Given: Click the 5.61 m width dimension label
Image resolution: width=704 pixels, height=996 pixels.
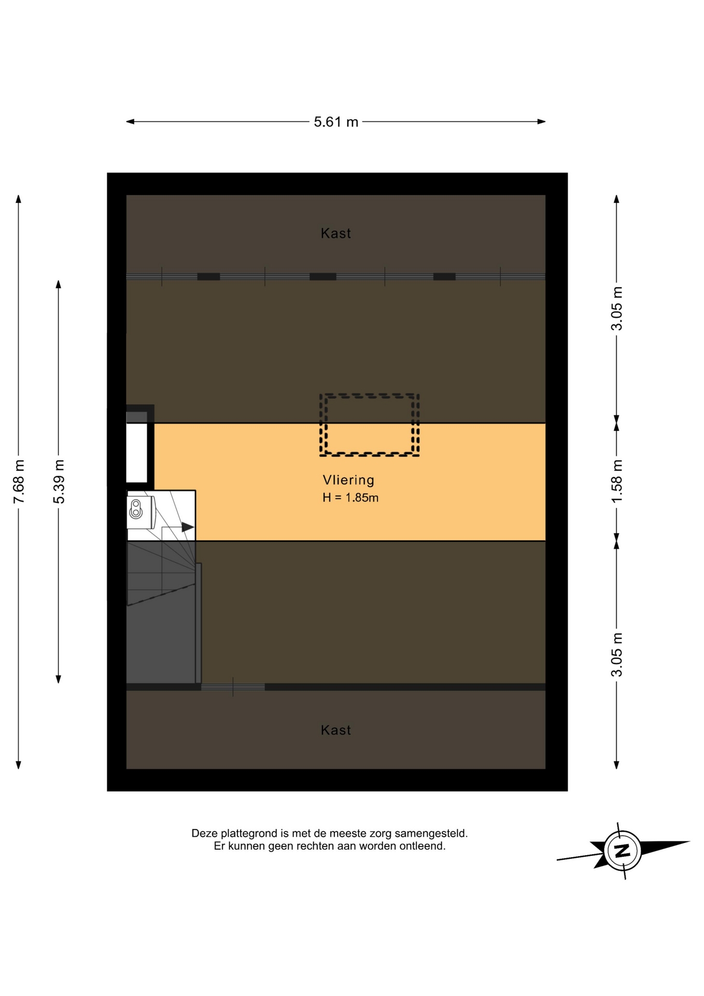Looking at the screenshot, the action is tap(336, 122).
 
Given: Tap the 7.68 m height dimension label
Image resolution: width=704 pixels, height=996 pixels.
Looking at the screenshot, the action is tap(19, 481).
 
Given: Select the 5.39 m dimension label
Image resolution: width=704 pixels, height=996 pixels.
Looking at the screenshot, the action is tap(59, 481).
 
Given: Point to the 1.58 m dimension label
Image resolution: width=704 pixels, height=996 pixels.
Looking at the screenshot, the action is tap(617, 481).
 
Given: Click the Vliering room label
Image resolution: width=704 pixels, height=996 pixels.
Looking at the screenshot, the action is tap(348, 480).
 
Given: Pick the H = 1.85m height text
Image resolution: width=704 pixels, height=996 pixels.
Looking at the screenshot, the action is tap(350, 497).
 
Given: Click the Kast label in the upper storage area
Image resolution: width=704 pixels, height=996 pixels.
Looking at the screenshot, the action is tap(336, 233).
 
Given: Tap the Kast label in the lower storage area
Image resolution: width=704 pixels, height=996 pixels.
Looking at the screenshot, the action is tap(336, 730).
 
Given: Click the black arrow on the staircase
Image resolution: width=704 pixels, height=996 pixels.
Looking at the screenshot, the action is tap(188, 527).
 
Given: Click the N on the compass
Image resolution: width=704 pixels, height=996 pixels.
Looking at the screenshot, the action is tap(622, 851).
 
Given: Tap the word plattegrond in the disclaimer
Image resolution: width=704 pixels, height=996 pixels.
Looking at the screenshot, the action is tap(250, 834).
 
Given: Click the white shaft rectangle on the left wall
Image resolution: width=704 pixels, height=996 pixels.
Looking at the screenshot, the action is tap(137, 453).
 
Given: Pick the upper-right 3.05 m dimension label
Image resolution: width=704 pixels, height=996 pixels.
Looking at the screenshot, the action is tap(617, 308).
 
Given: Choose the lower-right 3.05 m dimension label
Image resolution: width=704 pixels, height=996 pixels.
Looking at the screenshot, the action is tap(617, 655).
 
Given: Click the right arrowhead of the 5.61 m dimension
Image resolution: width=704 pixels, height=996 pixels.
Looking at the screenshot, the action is tap(542, 122).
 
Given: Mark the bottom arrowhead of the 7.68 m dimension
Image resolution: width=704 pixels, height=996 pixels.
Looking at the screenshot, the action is tap(19, 765).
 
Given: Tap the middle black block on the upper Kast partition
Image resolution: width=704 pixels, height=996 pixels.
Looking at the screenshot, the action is tap(323, 276).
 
